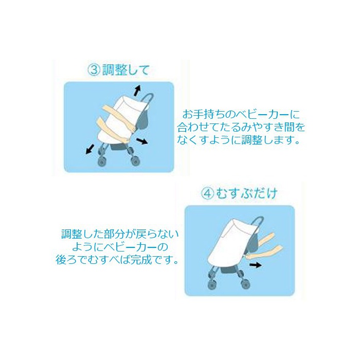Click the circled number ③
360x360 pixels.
point(94,70)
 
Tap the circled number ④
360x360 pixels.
point(208,193)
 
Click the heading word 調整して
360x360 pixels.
point(126,70)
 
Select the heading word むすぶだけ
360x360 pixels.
point(246,193)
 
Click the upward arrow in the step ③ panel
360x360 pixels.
point(137,90)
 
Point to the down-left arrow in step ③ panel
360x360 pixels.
point(90,149)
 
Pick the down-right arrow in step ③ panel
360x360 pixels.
point(141,141)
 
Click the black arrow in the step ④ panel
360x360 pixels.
point(255,265)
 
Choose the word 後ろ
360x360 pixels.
point(66,260)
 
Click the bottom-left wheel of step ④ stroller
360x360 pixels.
point(212,284)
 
